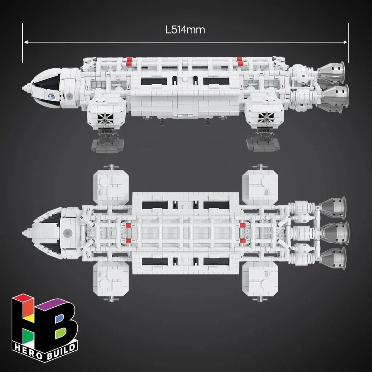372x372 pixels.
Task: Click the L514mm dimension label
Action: click(185, 30)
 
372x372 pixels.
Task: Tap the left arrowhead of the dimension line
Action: click(26, 42)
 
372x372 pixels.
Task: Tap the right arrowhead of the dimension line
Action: click(345, 42)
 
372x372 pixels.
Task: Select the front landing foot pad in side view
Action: click(108, 145)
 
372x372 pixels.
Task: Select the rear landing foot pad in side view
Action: click(263, 144)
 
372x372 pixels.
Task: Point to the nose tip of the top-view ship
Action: click(24, 232)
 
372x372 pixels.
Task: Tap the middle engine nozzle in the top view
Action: click(335, 233)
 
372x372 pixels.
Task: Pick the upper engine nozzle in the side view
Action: click(331, 73)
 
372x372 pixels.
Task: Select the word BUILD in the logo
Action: click(61, 351)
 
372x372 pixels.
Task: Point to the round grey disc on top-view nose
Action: click(68, 232)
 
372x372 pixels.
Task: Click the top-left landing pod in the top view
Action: click(111, 187)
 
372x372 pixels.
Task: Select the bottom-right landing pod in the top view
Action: click(260, 279)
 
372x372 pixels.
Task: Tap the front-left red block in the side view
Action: click(129, 61)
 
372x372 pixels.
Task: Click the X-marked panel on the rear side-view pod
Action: click(266, 117)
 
